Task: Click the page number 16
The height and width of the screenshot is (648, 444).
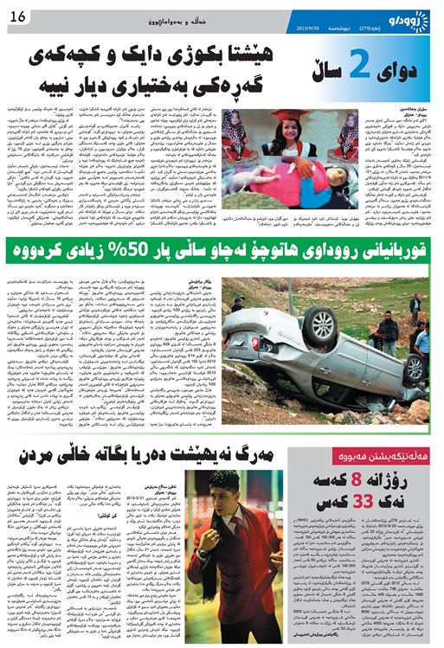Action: (x=20, y=10)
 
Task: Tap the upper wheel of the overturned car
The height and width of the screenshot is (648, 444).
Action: (x=316, y=323)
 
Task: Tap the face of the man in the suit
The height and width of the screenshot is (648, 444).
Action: (x=224, y=491)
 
